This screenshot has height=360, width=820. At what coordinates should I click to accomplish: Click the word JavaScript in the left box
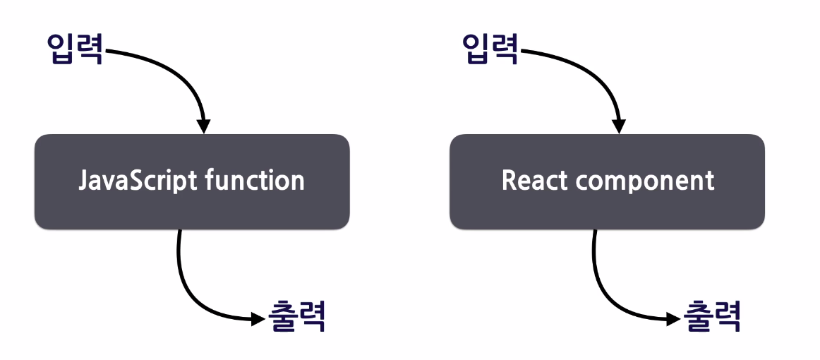[138, 181]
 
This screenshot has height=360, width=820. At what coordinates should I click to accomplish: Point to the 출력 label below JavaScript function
[297, 317]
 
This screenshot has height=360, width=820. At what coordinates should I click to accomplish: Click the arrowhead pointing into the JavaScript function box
[203, 126]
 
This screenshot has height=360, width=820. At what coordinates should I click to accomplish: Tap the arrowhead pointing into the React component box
[619, 126]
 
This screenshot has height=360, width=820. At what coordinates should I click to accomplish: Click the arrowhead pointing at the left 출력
[258, 319]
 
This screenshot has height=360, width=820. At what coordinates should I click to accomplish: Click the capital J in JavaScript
[83, 181]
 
